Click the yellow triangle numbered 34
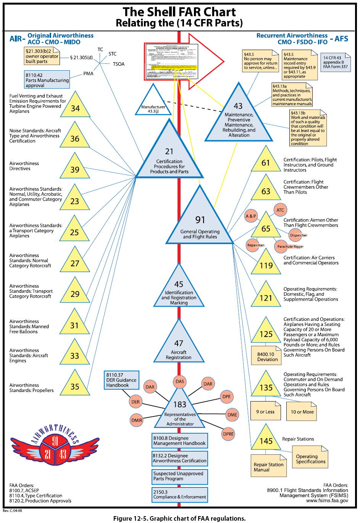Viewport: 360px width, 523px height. [x=75, y=107]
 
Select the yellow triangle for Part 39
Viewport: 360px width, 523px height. [x=75, y=168]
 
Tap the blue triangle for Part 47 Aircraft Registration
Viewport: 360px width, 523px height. [x=179, y=346]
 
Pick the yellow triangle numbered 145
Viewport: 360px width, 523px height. [x=266, y=440]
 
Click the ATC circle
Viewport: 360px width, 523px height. [x=280, y=210]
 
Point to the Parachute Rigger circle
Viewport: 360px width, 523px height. [x=290, y=246]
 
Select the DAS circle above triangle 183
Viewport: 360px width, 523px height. [x=180, y=381]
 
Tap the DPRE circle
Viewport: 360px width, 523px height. [x=228, y=434]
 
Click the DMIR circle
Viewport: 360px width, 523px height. [x=137, y=420]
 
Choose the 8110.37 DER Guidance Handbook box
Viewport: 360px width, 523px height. [x=121, y=380]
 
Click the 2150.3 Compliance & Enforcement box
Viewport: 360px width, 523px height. [x=180, y=495]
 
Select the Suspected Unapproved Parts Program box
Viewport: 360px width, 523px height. [x=180, y=476]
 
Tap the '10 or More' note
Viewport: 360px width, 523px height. [x=302, y=412]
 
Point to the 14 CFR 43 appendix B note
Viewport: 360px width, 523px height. [x=336, y=62]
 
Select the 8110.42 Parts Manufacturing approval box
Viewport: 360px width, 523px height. [x=47, y=80]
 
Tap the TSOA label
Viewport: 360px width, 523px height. [x=119, y=64]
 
